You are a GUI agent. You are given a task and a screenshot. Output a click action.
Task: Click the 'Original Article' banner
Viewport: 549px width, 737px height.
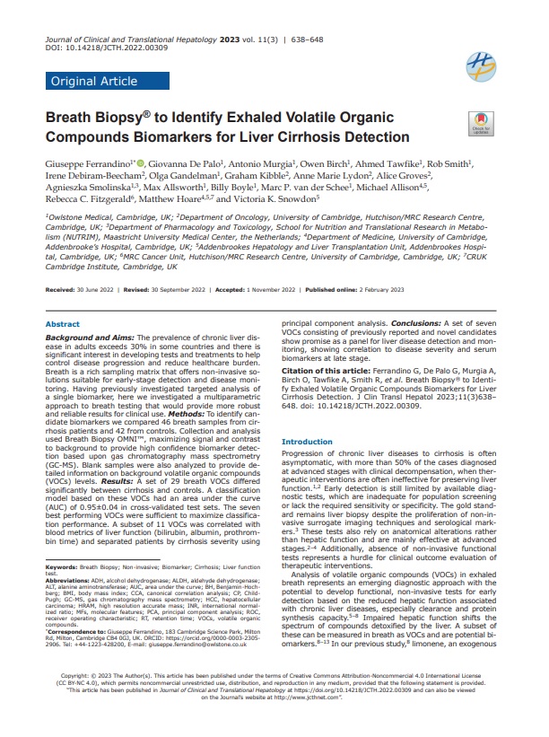click(x=92, y=82)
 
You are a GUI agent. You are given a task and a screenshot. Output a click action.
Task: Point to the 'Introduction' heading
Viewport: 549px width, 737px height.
click(x=307, y=442)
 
